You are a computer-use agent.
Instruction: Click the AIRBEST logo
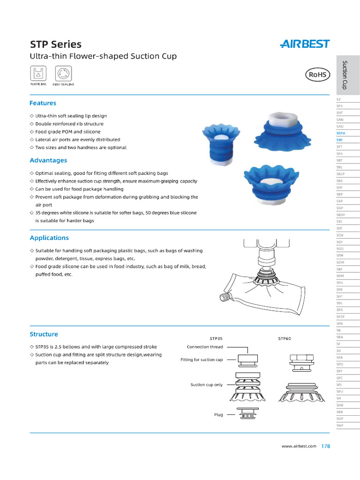305,44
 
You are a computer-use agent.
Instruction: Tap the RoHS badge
318,75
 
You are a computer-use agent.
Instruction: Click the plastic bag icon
38,74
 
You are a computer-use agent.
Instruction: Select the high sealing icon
63,74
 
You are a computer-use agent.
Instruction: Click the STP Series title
55,45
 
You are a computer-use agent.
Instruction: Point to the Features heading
43,103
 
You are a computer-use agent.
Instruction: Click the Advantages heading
48,160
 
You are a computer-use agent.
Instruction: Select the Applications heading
49,238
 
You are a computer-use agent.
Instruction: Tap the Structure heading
44,334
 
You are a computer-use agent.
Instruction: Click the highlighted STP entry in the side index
340,140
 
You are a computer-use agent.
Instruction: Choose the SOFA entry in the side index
341,133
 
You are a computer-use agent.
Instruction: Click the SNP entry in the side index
340,425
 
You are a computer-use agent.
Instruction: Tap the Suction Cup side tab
345,75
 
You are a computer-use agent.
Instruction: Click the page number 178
326,446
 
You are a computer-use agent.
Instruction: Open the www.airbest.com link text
299,446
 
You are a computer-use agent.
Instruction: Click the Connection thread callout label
205,347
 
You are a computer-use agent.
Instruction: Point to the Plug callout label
218,414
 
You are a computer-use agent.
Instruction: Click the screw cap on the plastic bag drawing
225,297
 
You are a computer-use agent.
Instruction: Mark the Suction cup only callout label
206,384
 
